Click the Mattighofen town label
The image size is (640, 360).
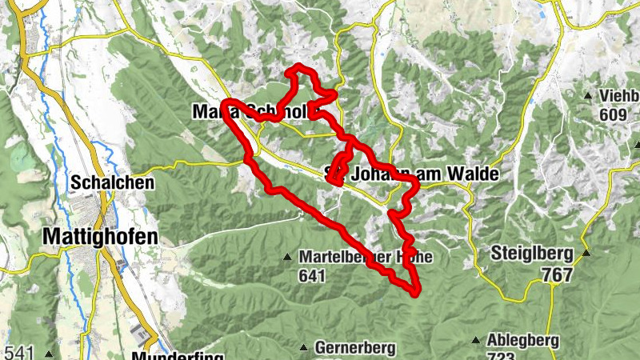coord(99,237)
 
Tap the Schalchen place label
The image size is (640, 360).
coord(100,182)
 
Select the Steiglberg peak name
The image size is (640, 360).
coord(531,255)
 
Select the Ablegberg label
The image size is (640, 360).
coord(522,340)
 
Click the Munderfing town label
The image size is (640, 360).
coord(177,355)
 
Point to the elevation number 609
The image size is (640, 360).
coord(612,114)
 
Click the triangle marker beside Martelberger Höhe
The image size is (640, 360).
coord(287,258)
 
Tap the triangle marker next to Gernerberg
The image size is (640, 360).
coord(304,347)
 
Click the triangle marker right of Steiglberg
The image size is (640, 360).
coord(586,254)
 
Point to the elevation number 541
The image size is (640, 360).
coord(19,352)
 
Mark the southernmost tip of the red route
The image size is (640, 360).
coord(415,293)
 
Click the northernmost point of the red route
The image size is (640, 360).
coord(298,66)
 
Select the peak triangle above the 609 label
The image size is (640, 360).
coord(588,96)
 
